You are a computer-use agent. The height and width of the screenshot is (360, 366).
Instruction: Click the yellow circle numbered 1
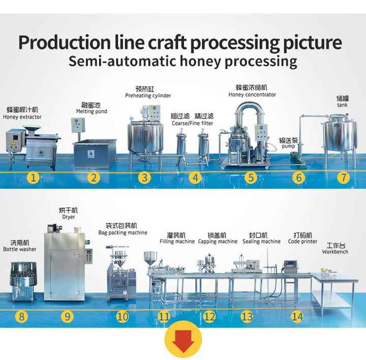click(x=34, y=177)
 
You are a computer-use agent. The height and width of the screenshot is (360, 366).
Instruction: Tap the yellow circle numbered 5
click(x=251, y=177)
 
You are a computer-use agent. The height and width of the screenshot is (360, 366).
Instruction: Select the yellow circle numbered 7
click(x=344, y=177)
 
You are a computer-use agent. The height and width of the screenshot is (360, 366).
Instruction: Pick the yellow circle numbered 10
click(x=123, y=317)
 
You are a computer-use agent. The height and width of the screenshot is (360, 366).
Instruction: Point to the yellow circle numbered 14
click(x=297, y=317)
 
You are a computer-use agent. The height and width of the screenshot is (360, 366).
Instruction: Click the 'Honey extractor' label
click(x=22, y=117)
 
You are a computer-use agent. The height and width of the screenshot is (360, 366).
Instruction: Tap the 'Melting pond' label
click(x=91, y=111)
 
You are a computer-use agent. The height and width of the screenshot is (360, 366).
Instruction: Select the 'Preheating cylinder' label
click(x=148, y=96)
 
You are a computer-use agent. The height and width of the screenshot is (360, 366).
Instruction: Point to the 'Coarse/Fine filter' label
click(x=192, y=123)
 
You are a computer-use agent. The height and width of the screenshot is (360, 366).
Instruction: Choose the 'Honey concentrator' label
click(x=252, y=95)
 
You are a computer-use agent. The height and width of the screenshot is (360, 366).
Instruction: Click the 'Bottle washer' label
click(x=20, y=249)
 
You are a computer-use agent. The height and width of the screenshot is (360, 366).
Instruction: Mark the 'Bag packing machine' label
click(x=123, y=232)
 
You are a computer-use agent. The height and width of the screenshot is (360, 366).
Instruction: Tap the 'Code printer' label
click(x=302, y=242)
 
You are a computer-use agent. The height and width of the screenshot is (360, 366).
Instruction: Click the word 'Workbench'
click(x=335, y=252)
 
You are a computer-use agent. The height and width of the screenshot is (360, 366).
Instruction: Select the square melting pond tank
click(x=95, y=154)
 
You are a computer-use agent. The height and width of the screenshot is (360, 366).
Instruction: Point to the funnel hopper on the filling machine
click(x=150, y=258)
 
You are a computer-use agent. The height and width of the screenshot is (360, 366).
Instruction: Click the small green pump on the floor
click(x=295, y=156)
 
